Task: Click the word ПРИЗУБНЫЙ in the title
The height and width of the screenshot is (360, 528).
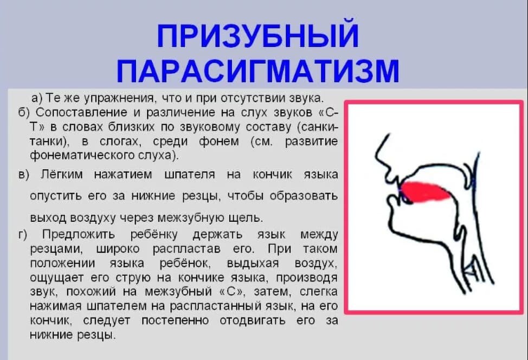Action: pos(257,35)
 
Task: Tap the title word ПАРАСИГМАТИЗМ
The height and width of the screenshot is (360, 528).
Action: pos(258,70)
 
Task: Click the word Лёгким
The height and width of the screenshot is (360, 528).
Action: pos(62,175)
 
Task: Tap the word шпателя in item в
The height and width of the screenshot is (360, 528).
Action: pos(190,175)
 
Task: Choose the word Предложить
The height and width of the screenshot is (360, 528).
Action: pos(79,234)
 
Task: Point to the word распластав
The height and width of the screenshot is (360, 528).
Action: pos(186,249)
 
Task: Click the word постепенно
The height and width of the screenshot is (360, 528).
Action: pos(175,320)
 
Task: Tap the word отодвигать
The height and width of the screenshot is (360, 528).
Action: pos(253,320)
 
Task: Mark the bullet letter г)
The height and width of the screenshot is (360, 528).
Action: pos(23,234)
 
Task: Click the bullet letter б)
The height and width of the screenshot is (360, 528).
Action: pos(24,112)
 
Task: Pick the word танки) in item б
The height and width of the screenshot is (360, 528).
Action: pos(49,142)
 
